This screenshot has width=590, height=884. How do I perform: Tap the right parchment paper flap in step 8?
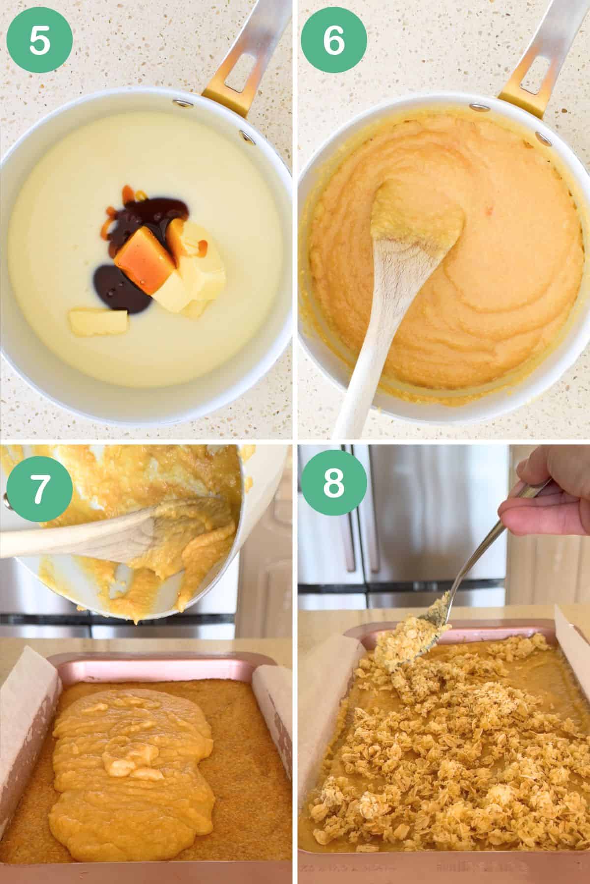(573, 658)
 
